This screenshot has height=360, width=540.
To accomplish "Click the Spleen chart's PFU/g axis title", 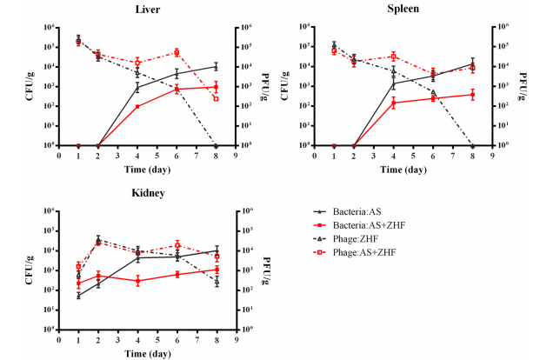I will tap(508, 85).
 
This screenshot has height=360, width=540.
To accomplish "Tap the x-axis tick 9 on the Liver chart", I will tap(235, 157).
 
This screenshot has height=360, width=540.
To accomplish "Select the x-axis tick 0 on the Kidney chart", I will tap(59, 341).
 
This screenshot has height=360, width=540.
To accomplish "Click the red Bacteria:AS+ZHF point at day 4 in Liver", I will tap(137, 107).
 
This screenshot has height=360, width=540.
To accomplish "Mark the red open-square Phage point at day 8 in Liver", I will tap(216, 98).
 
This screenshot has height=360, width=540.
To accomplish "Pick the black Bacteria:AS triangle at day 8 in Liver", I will tap(216, 66).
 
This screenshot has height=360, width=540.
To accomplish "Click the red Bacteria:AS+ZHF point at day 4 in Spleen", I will tap(393, 103).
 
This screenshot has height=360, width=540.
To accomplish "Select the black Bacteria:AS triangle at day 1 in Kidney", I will tap(79, 296).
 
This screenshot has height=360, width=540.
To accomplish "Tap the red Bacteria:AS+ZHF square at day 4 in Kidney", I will tap(137, 280).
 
